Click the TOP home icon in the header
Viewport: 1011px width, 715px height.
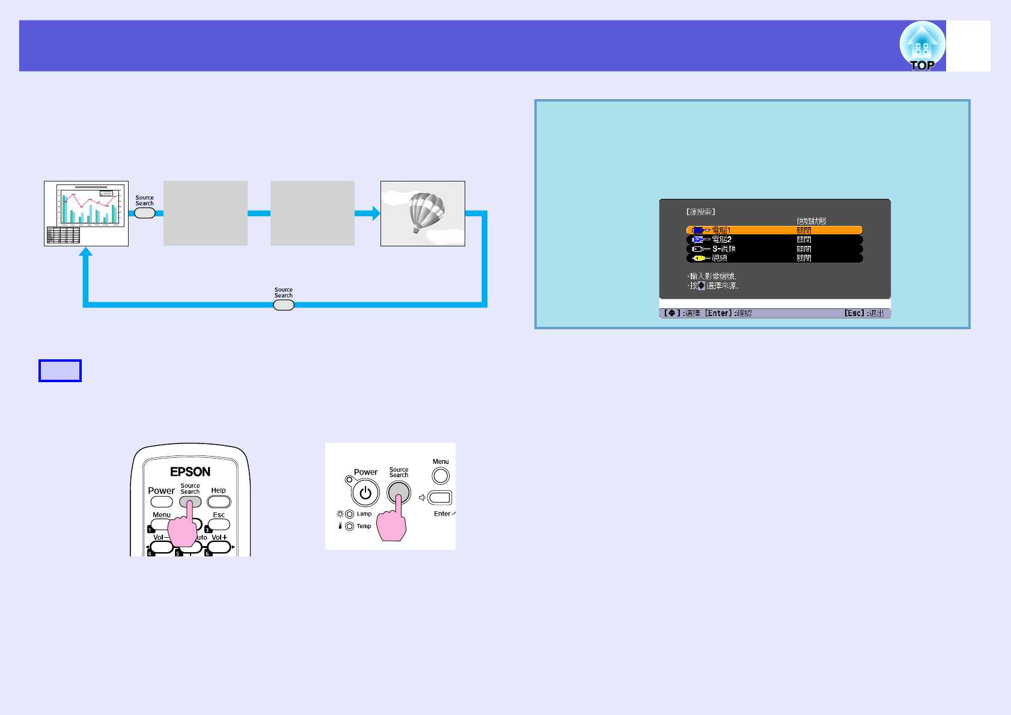921,46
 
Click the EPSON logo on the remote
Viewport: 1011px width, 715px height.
190,472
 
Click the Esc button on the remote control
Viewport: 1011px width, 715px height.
219,525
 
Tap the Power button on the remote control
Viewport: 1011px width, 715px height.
161,502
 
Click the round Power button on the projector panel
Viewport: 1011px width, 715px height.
365,493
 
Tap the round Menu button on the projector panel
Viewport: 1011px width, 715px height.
441,476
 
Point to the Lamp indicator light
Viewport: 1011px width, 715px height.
350,514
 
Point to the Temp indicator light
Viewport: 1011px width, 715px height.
350,526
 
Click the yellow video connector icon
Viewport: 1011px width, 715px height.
698,258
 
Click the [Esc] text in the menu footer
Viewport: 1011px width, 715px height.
854,313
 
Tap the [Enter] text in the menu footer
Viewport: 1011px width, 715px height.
718,313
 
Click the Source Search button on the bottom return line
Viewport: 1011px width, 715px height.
284,305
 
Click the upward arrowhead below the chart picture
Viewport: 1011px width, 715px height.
86,252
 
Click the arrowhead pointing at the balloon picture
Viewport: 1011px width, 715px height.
376,213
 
